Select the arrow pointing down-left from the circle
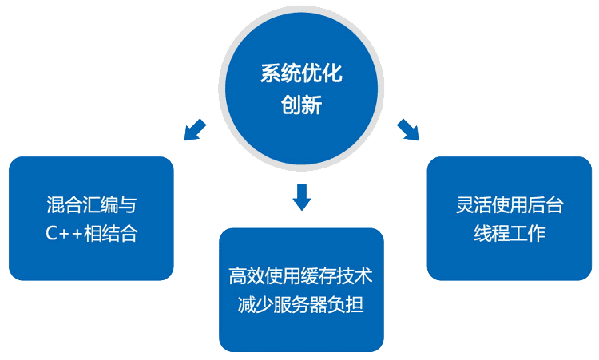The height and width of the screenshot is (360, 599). point(195,129)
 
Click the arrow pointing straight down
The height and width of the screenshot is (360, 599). point(301,197)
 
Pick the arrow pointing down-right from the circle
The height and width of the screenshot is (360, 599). point(407,129)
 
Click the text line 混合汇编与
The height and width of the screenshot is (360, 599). point(92,205)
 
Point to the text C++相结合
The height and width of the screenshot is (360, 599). point(92,234)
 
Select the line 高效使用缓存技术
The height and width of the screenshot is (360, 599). point(301,277)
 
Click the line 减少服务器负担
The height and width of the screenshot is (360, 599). point(301,305)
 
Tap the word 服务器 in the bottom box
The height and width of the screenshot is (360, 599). point(301,305)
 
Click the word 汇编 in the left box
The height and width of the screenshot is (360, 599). point(92,205)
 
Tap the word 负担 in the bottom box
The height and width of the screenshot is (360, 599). point(347,305)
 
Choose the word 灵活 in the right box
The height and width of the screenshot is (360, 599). point(465,205)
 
